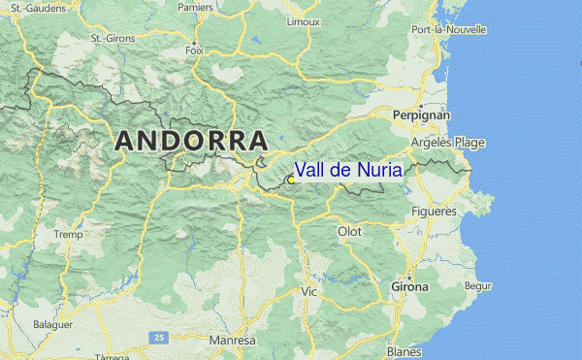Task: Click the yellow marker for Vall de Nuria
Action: [x=291, y=180]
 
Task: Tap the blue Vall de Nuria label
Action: [x=348, y=170]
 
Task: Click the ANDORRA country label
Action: [x=191, y=140]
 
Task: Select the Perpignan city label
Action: [x=422, y=115]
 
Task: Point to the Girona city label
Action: [x=408, y=287]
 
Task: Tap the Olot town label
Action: [x=349, y=232]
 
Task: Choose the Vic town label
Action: [x=309, y=291]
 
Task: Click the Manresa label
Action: [x=232, y=342]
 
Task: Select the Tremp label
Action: [x=69, y=235]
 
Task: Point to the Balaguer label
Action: [x=52, y=324]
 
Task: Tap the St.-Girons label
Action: [x=111, y=39]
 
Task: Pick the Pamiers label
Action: [x=195, y=7]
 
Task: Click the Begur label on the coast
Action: [x=478, y=286]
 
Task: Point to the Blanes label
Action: [x=404, y=351]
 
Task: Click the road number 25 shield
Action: [x=157, y=337]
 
